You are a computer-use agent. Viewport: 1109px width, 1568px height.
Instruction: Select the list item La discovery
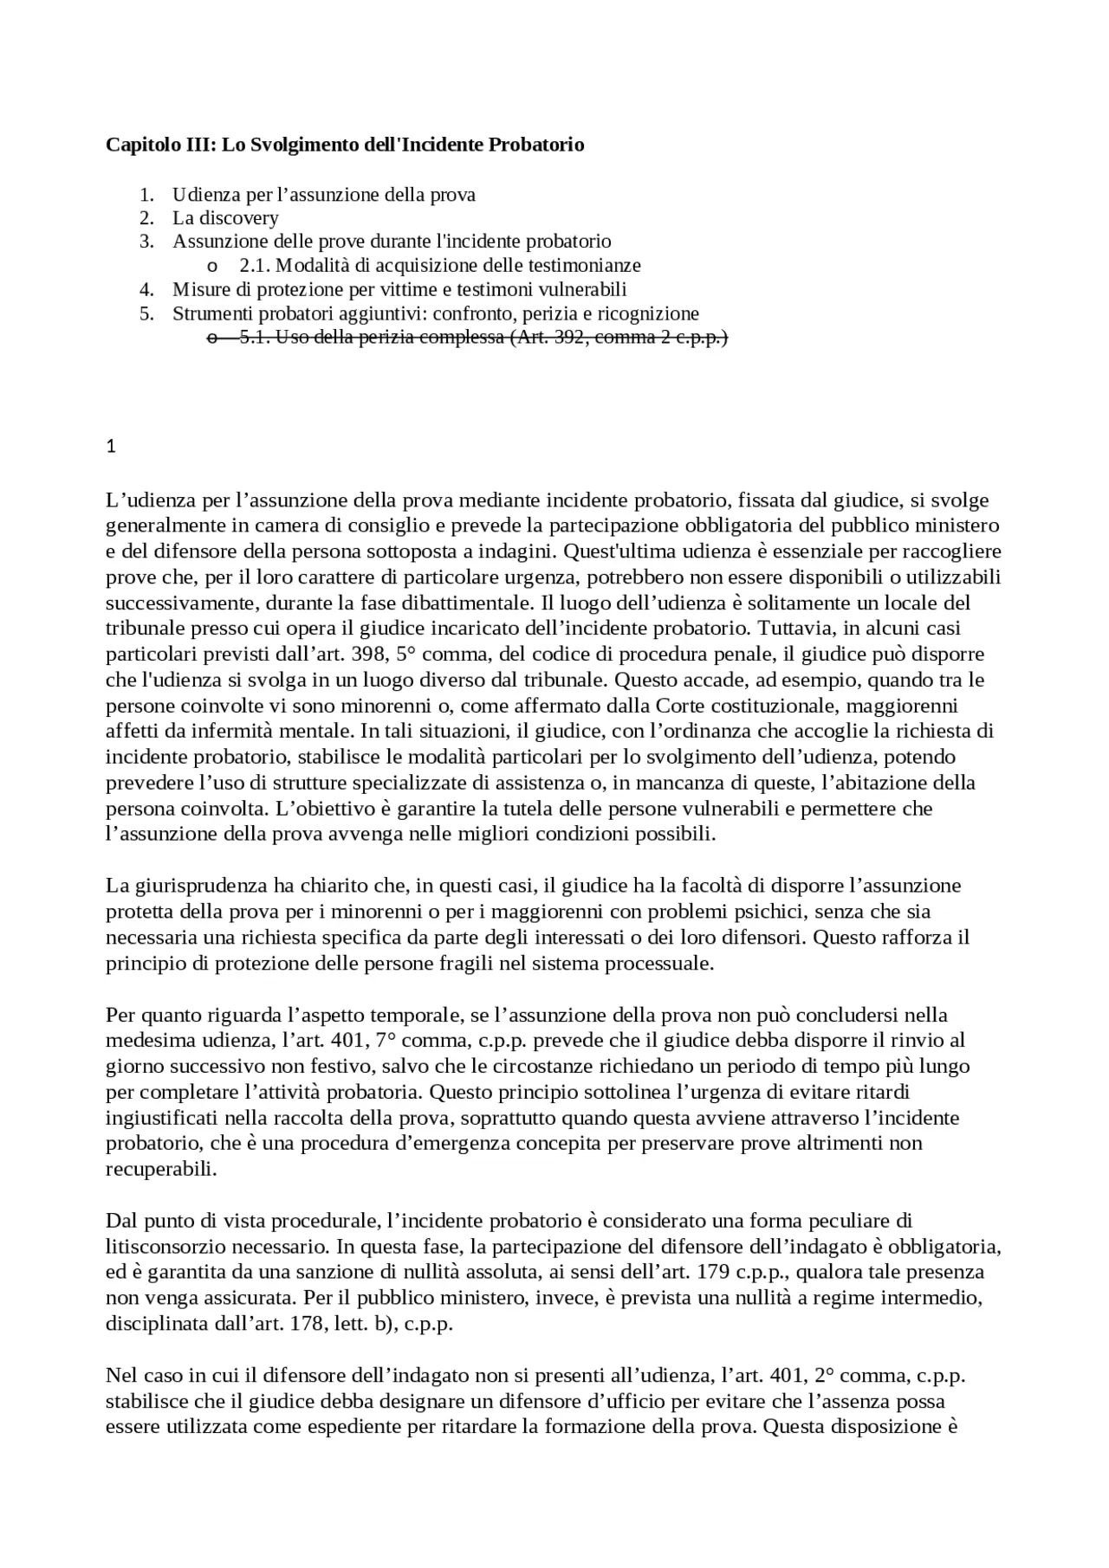click(x=225, y=217)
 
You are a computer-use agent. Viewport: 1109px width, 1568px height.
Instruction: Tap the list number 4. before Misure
click(x=146, y=289)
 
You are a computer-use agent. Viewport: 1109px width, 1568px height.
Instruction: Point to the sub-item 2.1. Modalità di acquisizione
click(x=440, y=265)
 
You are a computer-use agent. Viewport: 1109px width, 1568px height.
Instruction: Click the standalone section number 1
click(x=110, y=447)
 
